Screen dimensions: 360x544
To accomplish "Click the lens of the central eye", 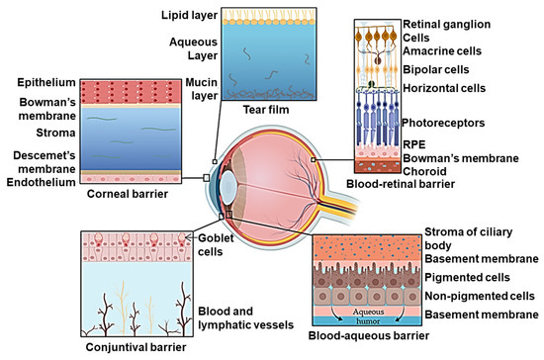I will click(x=229, y=184).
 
